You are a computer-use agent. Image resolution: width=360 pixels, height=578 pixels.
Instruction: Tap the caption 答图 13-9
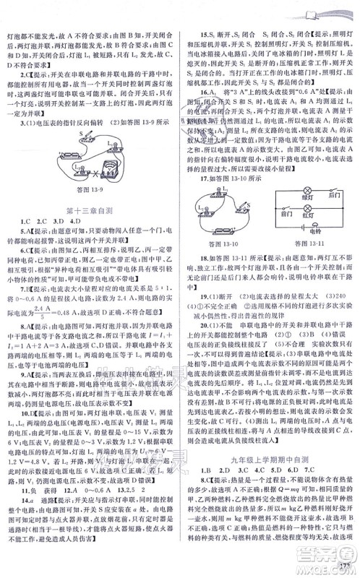point(90,189)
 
